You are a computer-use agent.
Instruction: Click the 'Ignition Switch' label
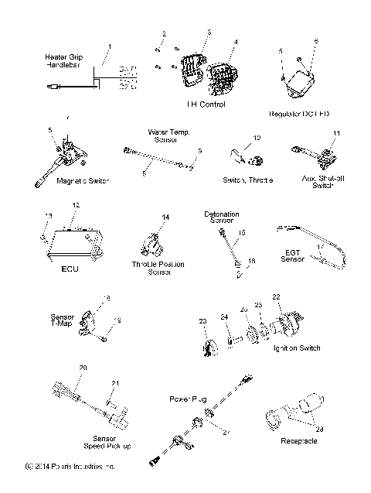click(296, 348)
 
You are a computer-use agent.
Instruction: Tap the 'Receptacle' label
click(301, 441)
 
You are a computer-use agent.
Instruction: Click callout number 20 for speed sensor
click(83, 366)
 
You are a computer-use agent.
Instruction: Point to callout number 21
click(116, 383)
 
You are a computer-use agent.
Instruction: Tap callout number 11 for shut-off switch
click(336, 133)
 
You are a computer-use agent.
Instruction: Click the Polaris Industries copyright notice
click(70, 467)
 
